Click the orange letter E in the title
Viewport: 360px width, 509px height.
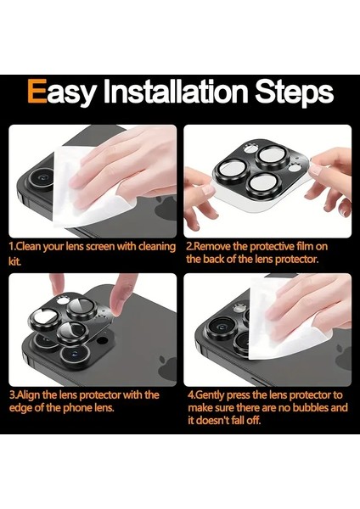tap(37, 92)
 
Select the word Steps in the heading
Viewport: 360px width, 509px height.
tap(295, 92)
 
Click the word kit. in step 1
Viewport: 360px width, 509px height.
tap(15, 261)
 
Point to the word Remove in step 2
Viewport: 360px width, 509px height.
tap(212, 247)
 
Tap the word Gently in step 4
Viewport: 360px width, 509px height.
tap(210, 395)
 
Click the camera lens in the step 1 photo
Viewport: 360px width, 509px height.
tap(42, 178)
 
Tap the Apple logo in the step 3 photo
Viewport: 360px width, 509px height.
tap(167, 368)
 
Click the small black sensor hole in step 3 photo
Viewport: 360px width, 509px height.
tap(103, 340)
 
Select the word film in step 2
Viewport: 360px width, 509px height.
tap(305, 247)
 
